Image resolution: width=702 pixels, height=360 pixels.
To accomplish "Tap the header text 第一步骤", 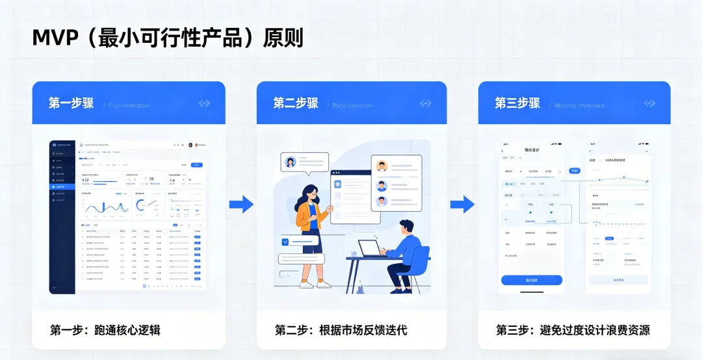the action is click(71, 103).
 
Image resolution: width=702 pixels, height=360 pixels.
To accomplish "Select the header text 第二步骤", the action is click(295, 103).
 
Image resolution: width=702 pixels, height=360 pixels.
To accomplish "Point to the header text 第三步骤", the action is click(517, 103).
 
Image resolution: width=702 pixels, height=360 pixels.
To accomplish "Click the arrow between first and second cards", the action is click(241, 204).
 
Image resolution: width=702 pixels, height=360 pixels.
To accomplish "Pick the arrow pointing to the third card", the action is click(462, 204).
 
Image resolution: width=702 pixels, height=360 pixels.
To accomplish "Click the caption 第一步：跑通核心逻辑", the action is click(105, 330).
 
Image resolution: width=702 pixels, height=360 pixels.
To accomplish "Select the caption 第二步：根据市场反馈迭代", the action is click(341, 330).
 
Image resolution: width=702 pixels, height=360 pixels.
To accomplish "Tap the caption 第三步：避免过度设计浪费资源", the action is click(573, 330).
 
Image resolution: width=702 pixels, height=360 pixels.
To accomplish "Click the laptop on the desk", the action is click(371, 249).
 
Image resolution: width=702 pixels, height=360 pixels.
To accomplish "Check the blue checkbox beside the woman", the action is click(285, 242).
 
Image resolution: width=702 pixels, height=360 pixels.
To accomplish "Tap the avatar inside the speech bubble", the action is click(291, 162).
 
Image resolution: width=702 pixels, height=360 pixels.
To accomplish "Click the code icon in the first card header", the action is click(204, 103).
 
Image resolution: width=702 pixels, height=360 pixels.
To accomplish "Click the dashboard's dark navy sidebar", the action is click(62, 214).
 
